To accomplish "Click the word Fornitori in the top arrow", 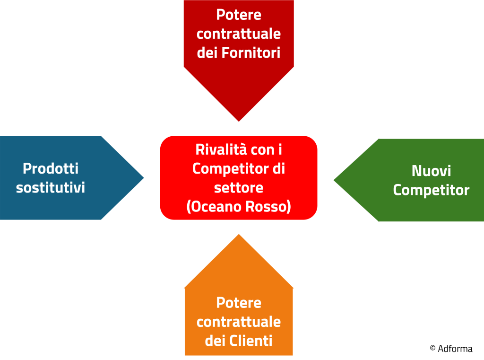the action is [x=251, y=53].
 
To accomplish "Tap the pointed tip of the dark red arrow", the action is [x=239, y=121].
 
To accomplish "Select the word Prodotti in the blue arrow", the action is [x=51, y=168].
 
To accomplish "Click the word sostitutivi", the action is [x=50, y=188].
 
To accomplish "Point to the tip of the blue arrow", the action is [x=144, y=178].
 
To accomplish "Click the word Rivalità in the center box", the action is [x=221, y=149].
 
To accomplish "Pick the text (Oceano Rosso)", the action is [x=239, y=207].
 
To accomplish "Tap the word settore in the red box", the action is [x=239, y=188].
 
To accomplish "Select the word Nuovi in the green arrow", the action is [x=431, y=171].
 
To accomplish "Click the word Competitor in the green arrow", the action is [x=431, y=190].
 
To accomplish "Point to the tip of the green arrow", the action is [x=334, y=180].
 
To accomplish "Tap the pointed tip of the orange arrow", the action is [x=239, y=235].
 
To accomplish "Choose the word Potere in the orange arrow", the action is [x=239, y=303].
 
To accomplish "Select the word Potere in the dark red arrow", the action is [x=239, y=15].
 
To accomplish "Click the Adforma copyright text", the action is [x=451, y=349].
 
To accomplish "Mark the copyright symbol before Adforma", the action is [x=432, y=348].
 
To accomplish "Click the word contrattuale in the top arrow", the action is [x=239, y=34].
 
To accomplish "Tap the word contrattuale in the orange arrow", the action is [x=239, y=322].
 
